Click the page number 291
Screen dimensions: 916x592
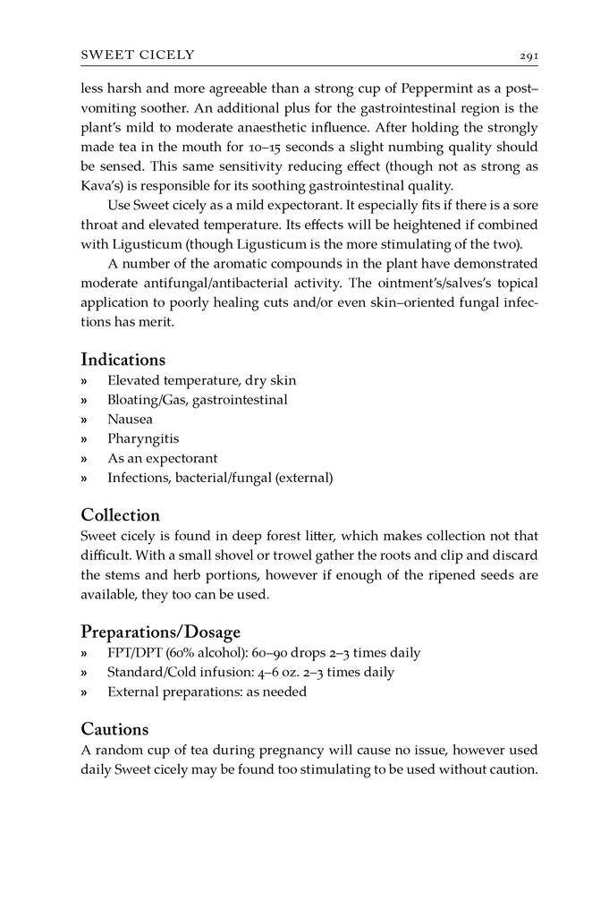(x=529, y=55)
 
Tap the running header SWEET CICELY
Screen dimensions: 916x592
(x=138, y=55)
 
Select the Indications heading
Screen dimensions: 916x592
(x=123, y=360)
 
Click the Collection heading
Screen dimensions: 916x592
(x=120, y=515)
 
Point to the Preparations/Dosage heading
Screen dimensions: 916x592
(x=160, y=632)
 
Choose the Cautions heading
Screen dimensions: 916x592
(x=114, y=729)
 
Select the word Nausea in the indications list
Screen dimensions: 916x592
(x=130, y=419)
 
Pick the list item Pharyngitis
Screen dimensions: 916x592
(x=143, y=438)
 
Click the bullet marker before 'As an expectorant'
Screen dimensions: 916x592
(x=85, y=459)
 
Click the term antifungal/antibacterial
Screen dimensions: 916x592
(x=219, y=284)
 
